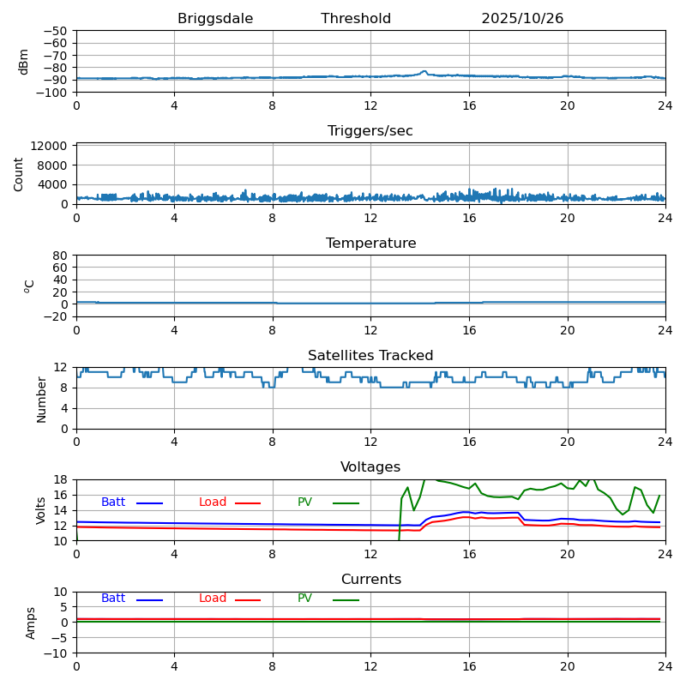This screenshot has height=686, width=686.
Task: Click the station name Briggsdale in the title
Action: point(215,19)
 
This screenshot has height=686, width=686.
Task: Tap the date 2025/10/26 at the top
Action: point(522,19)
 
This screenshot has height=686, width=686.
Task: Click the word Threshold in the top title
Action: point(356,19)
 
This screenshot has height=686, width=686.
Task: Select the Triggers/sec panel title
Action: point(370,131)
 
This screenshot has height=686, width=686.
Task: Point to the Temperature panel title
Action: point(370,244)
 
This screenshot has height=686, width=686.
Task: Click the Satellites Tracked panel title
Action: point(370,356)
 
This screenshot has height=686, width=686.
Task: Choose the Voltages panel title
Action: point(370,467)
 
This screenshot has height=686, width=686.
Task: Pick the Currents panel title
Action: point(370,580)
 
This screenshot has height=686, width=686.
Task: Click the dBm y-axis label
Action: point(24,61)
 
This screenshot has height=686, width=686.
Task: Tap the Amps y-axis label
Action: point(31,623)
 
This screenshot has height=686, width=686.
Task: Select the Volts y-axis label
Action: point(41,510)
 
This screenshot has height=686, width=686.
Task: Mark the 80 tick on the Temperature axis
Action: point(61,256)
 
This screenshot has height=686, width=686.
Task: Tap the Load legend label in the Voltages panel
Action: point(213,502)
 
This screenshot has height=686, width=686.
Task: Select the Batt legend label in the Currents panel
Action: point(113,599)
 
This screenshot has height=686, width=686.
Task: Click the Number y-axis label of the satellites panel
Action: point(41,399)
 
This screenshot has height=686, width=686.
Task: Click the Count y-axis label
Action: point(19,173)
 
